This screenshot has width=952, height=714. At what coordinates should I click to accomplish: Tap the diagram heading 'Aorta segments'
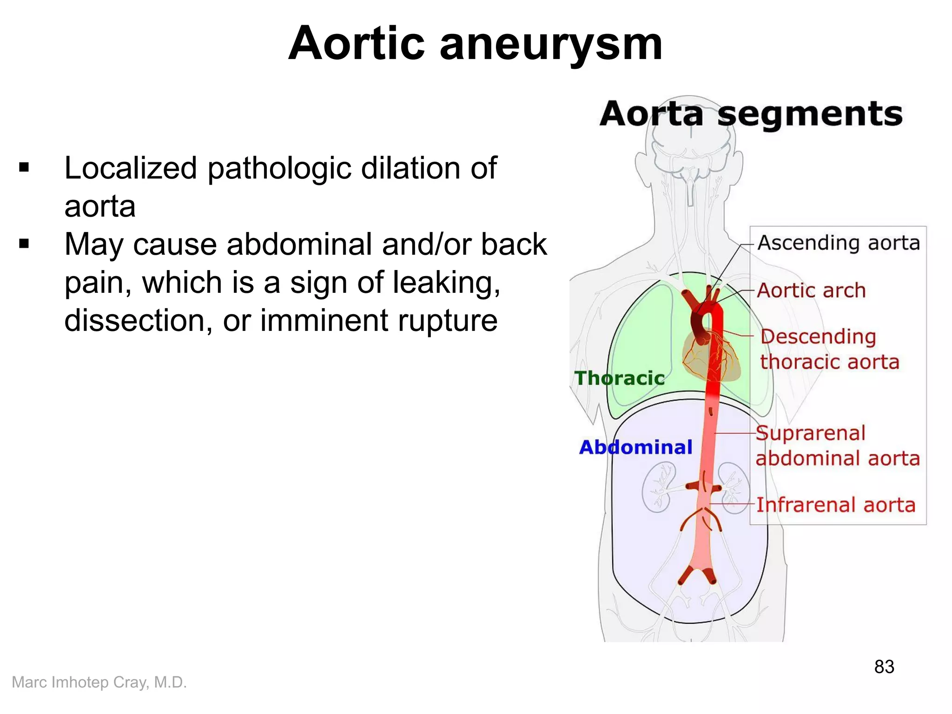[x=751, y=114]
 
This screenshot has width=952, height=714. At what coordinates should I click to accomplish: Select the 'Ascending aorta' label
[x=839, y=243]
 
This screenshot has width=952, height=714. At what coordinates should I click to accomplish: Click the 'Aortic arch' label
[x=811, y=291]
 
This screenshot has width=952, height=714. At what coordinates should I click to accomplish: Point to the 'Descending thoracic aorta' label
[x=829, y=349]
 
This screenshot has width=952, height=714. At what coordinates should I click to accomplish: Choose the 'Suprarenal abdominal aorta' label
[x=837, y=446]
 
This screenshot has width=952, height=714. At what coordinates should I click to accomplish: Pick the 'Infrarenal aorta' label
[x=835, y=505]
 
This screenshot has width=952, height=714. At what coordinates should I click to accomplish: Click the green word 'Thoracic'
[x=619, y=378]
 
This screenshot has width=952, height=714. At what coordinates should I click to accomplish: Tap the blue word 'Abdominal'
[x=635, y=447]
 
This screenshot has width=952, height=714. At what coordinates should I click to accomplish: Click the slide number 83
[x=884, y=667]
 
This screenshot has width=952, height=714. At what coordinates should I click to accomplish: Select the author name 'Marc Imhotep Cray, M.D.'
[x=99, y=682]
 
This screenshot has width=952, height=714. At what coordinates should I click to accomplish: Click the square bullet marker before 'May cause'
[x=24, y=244]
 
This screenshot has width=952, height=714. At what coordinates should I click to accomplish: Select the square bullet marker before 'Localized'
[x=24, y=167]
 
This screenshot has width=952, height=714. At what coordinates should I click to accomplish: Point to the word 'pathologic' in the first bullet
[x=279, y=168]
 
